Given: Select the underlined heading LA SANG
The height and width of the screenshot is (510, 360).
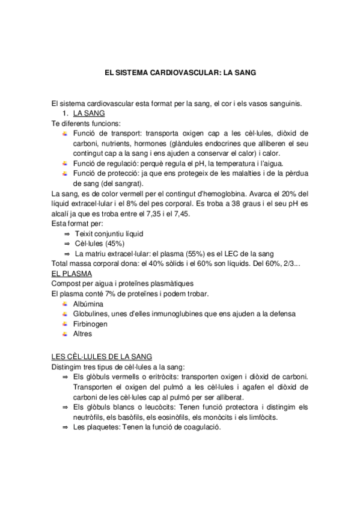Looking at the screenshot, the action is (x=89, y=113).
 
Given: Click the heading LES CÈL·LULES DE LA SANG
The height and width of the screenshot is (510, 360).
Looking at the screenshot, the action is (x=102, y=357).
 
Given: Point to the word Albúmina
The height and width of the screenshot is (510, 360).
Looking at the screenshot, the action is (x=88, y=304).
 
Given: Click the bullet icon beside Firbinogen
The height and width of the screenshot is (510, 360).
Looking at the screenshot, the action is (x=64, y=324).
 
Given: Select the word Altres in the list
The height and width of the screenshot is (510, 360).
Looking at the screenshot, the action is (x=82, y=333).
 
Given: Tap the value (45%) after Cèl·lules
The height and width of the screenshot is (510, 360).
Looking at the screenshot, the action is (x=114, y=244).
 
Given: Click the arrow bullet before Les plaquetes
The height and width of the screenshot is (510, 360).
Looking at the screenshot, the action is (x=65, y=427).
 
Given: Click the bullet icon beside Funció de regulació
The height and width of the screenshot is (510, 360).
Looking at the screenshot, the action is (x=64, y=164).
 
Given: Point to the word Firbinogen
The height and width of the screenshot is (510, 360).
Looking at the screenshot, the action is (x=90, y=324).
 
